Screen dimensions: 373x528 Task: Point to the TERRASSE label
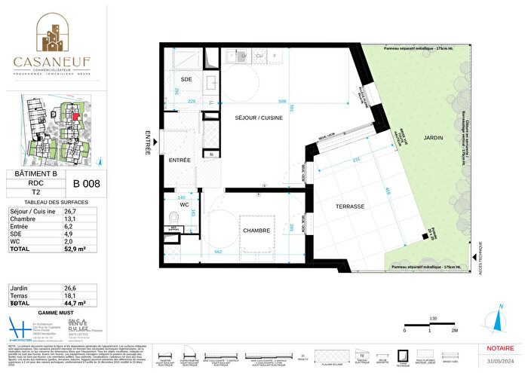(350, 206)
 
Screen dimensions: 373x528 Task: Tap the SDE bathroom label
(186, 79)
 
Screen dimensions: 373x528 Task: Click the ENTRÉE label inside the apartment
(180, 161)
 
